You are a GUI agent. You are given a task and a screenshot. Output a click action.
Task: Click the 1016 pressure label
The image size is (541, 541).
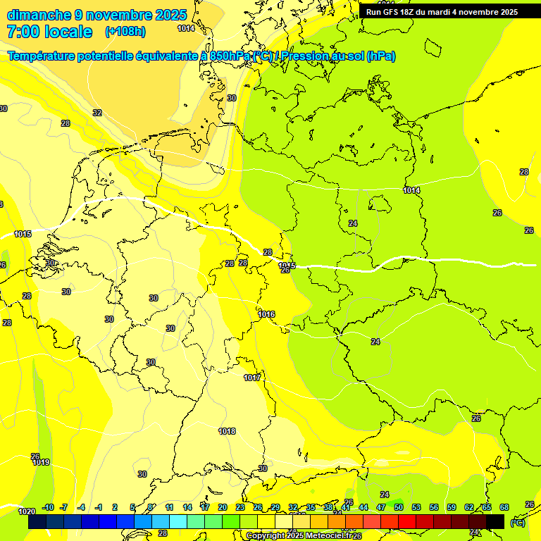pos(267,314)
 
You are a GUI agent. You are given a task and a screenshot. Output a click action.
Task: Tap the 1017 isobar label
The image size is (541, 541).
pos(252,378)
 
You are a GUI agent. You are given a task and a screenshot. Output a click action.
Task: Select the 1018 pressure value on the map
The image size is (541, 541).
pos(227,431)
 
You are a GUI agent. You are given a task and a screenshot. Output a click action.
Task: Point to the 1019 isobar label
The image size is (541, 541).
pos(41,462)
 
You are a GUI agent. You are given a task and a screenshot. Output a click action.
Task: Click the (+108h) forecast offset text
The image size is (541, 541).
pos(125,32)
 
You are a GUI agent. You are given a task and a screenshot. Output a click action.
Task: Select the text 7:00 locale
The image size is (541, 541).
pos(49,32)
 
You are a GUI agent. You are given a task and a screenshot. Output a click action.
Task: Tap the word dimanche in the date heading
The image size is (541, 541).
pos(38,14)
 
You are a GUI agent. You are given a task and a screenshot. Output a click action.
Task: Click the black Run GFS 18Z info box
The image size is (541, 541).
pos(442,11)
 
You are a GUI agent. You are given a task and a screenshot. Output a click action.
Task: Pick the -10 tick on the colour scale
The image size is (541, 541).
pos(48,507)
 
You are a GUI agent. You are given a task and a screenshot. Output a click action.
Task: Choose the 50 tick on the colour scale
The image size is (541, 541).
pos(399,507)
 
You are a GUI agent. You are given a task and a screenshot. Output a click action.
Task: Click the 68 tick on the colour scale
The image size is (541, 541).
pos(504,507)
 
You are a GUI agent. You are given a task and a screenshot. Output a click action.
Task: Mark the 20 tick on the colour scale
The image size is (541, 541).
pos(223,507)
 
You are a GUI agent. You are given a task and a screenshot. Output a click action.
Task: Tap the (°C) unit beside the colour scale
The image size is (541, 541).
pos(518,523)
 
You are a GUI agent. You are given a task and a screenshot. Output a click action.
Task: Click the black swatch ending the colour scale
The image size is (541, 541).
pos(495,522)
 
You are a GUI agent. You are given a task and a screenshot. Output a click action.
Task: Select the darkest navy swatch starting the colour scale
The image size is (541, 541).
pos(37,522)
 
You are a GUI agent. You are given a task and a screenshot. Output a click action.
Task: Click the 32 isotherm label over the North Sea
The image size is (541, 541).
pos(97,113)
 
